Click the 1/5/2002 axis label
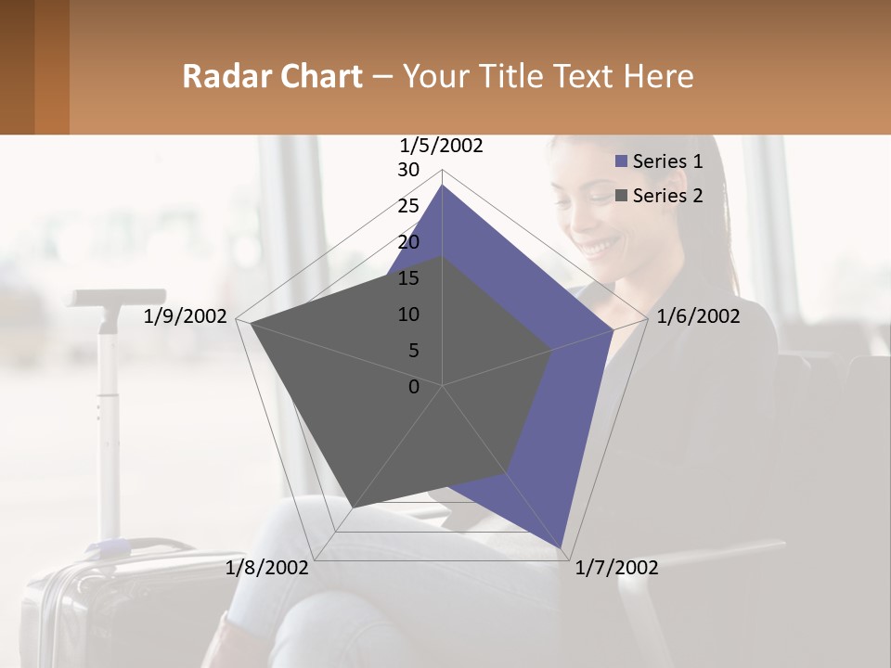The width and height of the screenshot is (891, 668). [x=442, y=146]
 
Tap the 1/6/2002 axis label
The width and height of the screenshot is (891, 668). [x=698, y=316]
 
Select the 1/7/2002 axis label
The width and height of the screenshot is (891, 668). [x=616, y=568]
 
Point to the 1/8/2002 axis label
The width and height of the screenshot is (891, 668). [x=267, y=568]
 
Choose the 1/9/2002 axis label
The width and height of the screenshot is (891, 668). [x=186, y=316]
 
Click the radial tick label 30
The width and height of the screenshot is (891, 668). [x=408, y=170]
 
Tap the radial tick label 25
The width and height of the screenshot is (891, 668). [x=408, y=206]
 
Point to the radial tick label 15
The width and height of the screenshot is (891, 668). [x=408, y=278]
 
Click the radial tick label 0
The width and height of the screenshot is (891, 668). [x=414, y=387]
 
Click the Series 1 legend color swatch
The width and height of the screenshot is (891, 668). [x=622, y=162]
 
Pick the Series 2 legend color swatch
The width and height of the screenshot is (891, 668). [x=622, y=196]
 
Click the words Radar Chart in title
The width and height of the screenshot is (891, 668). [x=272, y=76]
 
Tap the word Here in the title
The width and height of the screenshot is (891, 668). [x=658, y=76]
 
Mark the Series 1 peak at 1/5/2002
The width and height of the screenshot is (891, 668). [x=443, y=186]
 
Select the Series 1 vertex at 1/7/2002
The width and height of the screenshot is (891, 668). [x=563, y=548]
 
